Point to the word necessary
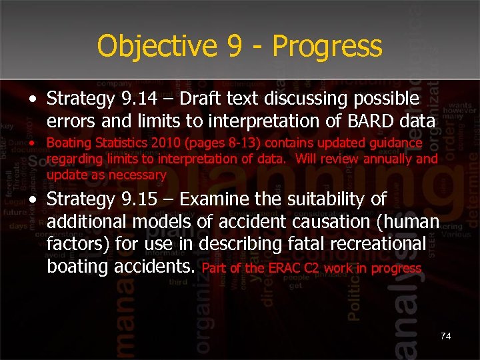pos(139,175)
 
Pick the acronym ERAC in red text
pos(287,269)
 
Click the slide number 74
pos(445,336)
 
